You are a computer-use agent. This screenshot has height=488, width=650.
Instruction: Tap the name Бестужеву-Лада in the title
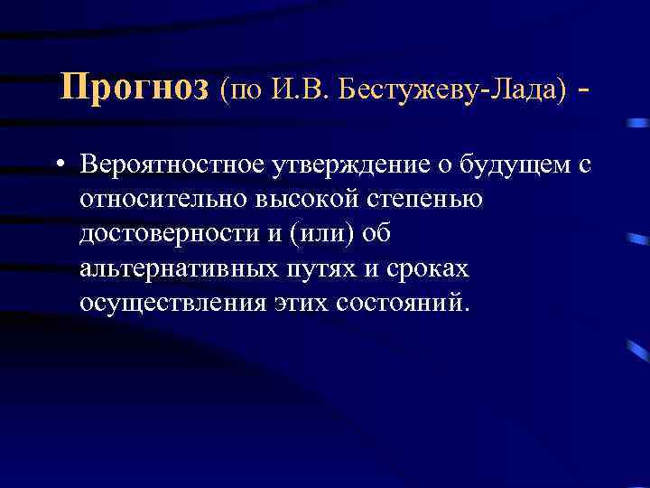[x=478, y=89]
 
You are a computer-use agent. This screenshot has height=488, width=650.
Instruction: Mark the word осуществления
[x=171, y=298]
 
